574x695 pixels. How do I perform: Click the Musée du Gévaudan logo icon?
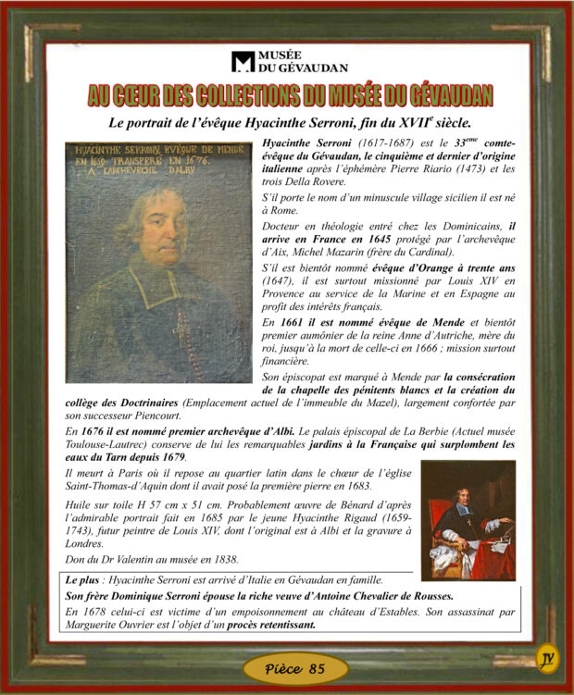[x=243, y=62]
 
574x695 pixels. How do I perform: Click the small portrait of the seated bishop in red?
[x=468, y=520]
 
